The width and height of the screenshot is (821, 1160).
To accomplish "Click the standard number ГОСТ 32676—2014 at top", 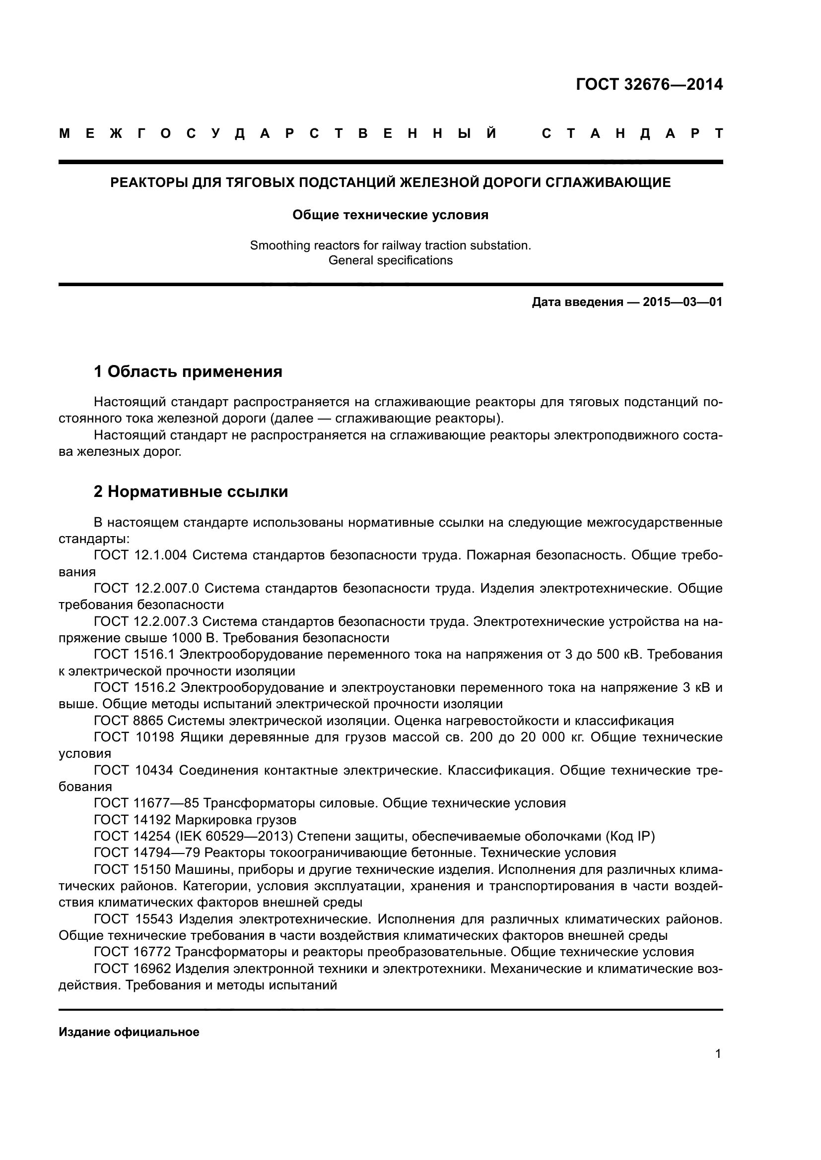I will [x=649, y=84].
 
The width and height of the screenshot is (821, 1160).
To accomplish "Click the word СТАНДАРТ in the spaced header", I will [x=632, y=134].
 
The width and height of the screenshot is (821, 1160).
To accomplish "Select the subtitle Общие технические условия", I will [x=390, y=215].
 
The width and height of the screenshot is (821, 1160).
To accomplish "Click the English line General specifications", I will [x=390, y=261].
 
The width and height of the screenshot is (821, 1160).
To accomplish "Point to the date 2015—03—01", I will [x=683, y=303].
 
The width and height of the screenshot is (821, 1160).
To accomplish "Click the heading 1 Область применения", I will [x=188, y=372].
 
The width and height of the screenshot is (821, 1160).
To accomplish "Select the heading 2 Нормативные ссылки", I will [x=191, y=491].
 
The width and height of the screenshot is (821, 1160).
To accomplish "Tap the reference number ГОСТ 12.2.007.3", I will [x=145, y=621].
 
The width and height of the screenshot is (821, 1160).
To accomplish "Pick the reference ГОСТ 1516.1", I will [x=134, y=655].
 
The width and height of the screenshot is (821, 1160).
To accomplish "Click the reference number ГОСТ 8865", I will [x=129, y=721].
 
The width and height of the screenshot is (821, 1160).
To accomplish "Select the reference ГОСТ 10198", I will [x=134, y=737].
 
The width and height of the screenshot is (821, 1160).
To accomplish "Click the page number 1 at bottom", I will [x=718, y=1054].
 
